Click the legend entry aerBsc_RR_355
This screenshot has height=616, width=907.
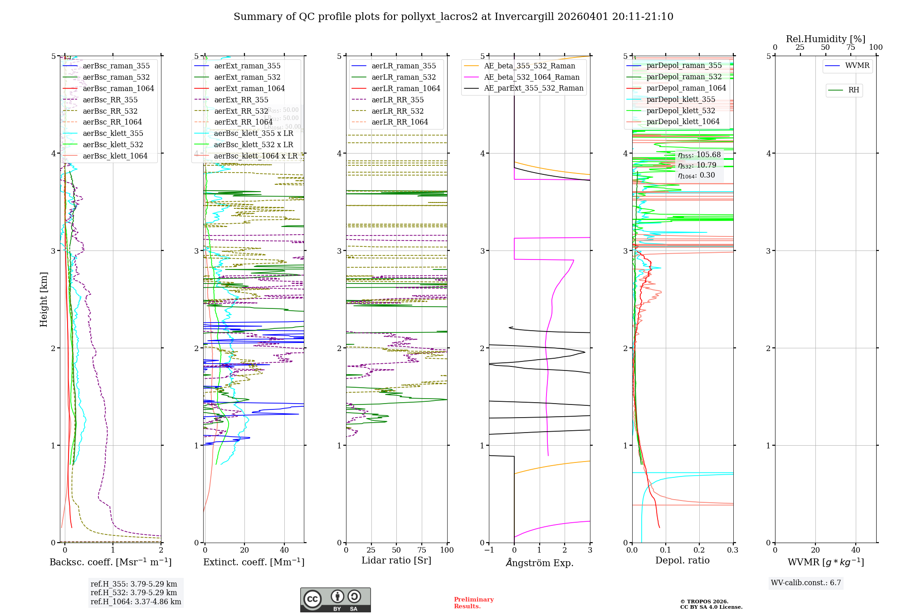(110, 100)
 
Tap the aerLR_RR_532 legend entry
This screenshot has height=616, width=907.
(397, 111)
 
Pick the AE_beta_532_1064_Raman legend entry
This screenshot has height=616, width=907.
(532, 77)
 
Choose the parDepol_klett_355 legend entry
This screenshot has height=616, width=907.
(681, 99)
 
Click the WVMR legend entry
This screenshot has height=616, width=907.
(857, 66)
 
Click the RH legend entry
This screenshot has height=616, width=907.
(853, 90)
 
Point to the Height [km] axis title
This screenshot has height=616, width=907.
(44, 299)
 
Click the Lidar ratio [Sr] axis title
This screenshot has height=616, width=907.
(396, 560)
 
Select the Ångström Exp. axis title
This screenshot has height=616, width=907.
(540, 563)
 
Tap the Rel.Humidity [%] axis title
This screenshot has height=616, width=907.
(825, 39)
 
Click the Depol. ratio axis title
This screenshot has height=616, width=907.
(683, 560)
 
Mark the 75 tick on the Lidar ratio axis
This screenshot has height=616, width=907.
(422, 550)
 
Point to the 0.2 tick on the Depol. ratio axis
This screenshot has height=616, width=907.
(699, 550)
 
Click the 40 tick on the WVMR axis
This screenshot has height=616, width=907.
(856, 550)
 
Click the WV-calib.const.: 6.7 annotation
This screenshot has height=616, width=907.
(806, 583)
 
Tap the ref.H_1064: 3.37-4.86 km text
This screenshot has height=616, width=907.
(136, 602)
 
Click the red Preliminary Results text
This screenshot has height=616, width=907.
(473, 603)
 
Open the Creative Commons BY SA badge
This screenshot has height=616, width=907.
(335, 600)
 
